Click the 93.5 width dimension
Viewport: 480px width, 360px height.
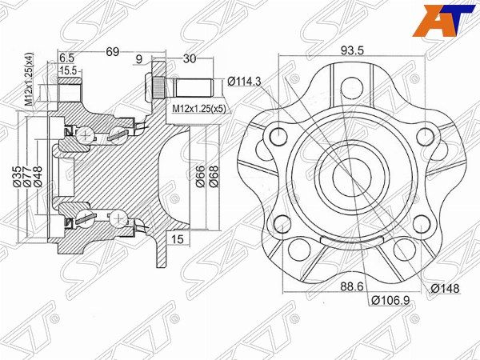coord(352,50)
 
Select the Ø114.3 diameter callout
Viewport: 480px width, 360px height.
coord(244,82)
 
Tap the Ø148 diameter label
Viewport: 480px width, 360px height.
coord(445,288)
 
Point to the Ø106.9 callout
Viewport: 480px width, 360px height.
coord(390,301)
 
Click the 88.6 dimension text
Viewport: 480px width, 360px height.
coord(352,287)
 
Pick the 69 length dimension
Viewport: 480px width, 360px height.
coord(112,52)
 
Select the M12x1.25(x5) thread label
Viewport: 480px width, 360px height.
coord(199,109)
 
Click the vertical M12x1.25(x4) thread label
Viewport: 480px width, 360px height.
coord(29,79)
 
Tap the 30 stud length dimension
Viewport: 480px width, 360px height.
coord(189,58)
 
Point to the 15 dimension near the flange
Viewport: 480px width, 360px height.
coord(178,239)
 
